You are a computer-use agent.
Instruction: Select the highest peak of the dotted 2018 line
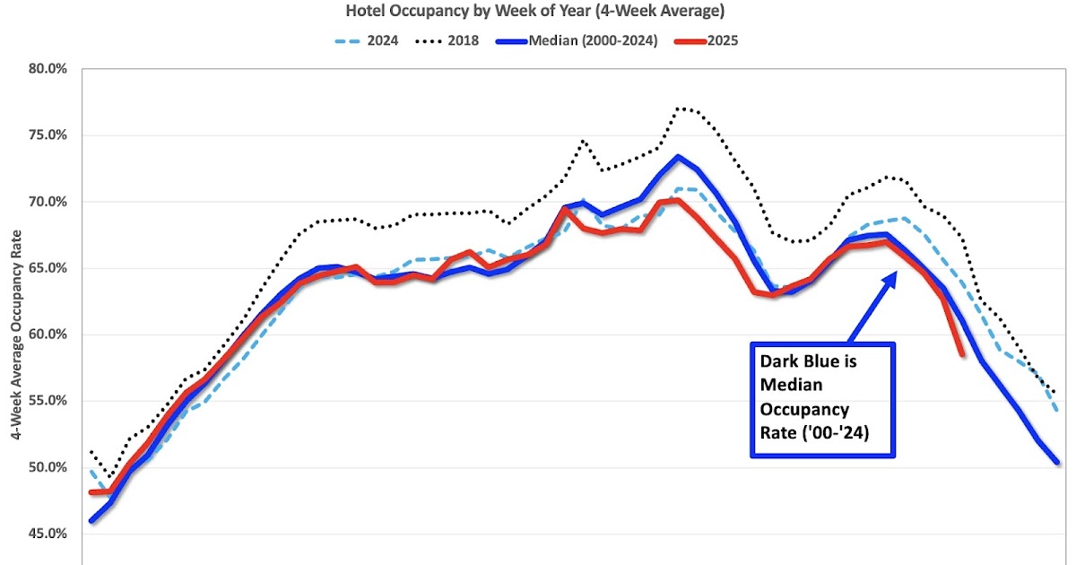point(680,108)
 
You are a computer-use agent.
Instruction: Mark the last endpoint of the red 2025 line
point(962,354)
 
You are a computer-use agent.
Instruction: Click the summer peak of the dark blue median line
point(678,157)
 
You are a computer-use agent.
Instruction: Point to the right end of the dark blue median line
point(1057,463)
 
